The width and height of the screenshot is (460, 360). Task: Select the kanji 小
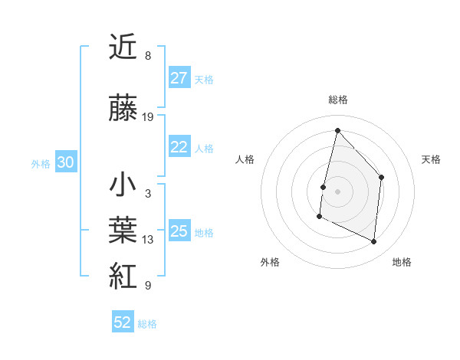pyautogui.click(x=123, y=185)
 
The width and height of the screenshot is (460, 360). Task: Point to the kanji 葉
pyautogui.click(x=123, y=229)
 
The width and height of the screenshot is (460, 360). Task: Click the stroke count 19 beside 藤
pyautogui.click(x=148, y=117)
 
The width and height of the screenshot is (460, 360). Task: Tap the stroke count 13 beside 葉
pyautogui.click(x=148, y=240)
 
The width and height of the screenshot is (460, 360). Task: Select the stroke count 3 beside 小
pyautogui.click(x=147, y=194)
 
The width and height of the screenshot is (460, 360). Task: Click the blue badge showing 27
pyautogui.click(x=179, y=78)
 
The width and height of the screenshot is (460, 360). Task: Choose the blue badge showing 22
pyautogui.click(x=179, y=148)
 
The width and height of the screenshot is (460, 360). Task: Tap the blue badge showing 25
pyautogui.click(x=179, y=231)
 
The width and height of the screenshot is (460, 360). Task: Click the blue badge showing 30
pyautogui.click(x=65, y=162)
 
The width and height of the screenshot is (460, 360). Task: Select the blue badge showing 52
pyautogui.click(x=123, y=322)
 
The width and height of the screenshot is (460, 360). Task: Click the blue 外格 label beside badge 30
pyautogui.click(x=41, y=163)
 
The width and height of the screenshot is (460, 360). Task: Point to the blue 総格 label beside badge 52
pyautogui.click(x=147, y=323)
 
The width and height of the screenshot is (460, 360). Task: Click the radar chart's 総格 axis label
pyautogui.click(x=337, y=100)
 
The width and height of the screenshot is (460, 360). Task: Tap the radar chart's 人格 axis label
pyautogui.click(x=245, y=159)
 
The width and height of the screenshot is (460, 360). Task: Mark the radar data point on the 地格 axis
pyautogui.click(x=374, y=242)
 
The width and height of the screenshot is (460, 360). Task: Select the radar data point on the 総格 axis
pyautogui.click(x=337, y=130)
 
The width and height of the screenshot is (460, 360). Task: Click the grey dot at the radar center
pyautogui.click(x=337, y=191)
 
